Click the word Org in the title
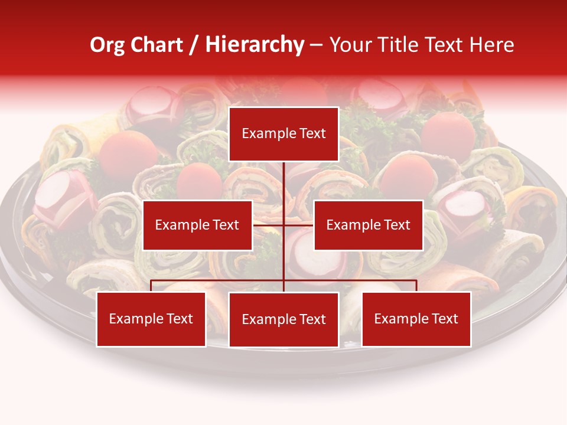[107, 45]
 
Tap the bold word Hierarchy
[255, 45]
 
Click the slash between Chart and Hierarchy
[194, 45]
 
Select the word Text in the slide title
[444, 45]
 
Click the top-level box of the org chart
[283, 134]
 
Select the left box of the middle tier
[197, 225]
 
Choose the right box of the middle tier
[368, 225]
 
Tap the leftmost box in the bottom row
[151, 319]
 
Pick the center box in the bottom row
[283, 319]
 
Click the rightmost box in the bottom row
[416, 319]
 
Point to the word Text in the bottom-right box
[444, 319]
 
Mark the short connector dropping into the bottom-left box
[151, 286]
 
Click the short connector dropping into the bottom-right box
[416, 286]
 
